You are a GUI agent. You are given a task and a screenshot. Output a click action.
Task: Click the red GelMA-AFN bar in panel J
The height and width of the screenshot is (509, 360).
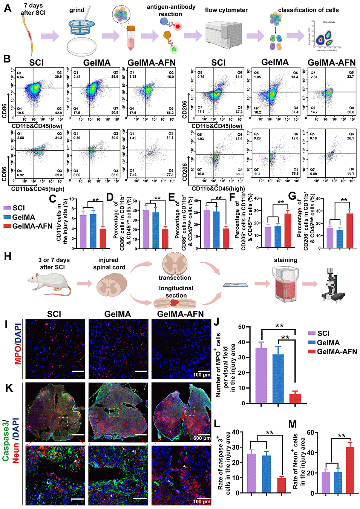click(x=295, y=399)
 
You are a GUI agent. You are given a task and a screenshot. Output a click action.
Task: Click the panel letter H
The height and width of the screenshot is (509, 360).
click(x=8, y=256)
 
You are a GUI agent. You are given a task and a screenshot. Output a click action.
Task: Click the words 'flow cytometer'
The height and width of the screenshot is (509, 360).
click(x=226, y=10)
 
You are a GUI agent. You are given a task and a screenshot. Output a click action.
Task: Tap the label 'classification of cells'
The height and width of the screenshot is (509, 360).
click(x=308, y=10)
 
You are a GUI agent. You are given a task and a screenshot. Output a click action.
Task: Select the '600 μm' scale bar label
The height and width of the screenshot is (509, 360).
click(x=202, y=438)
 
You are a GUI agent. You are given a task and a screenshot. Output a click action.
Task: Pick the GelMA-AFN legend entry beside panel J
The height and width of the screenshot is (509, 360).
click(x=337, y=351)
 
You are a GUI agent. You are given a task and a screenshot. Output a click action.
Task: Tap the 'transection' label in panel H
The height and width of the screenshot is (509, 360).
click(x=175, y=277)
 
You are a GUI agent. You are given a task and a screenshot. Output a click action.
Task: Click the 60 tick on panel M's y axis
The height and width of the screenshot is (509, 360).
click(x=311, y=432)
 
